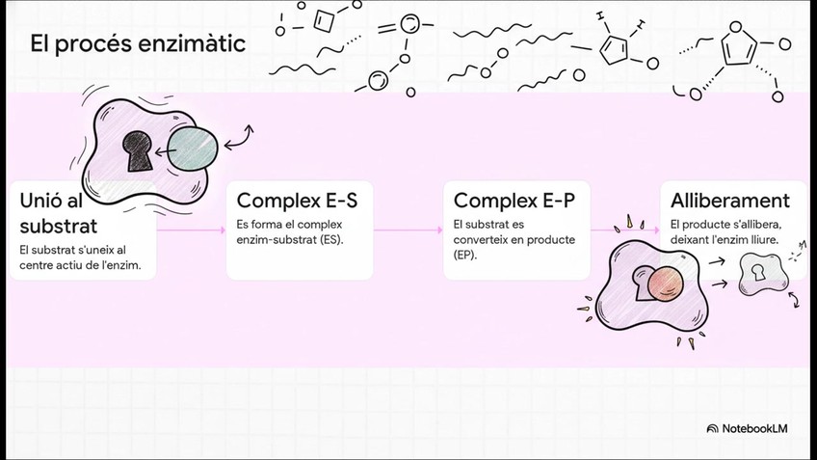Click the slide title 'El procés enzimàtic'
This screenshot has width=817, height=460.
[x=137, y=44]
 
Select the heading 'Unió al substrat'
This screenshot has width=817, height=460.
[x=58, y=213]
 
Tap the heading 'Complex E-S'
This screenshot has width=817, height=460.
[x=297, y=201]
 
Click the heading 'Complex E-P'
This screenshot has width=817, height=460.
[x=514, y=201]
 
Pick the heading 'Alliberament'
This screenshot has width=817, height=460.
[x=730, y=201]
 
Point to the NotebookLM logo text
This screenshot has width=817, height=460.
[x=754, y=428]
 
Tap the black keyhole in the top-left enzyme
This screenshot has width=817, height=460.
[x=137, y=147]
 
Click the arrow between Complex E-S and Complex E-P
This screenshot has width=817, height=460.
[x=408, y=230]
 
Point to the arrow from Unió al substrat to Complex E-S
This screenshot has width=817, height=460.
[x=191, y=230]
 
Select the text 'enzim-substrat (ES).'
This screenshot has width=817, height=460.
[x=290, y=239]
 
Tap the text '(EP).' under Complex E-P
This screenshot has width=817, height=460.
[x=467, y=255]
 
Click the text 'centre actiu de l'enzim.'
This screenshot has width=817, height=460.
[x=86, y=265]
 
